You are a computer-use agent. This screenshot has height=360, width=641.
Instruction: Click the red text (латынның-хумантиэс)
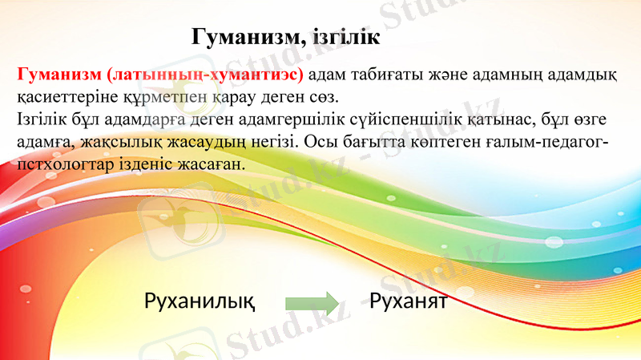click(204, 76)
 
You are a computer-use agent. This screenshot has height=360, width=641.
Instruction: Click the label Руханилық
click(200, 302)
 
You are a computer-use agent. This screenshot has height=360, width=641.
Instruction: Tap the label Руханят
click(408, 302)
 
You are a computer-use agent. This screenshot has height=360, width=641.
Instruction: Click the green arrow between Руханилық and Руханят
click(312, 303)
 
